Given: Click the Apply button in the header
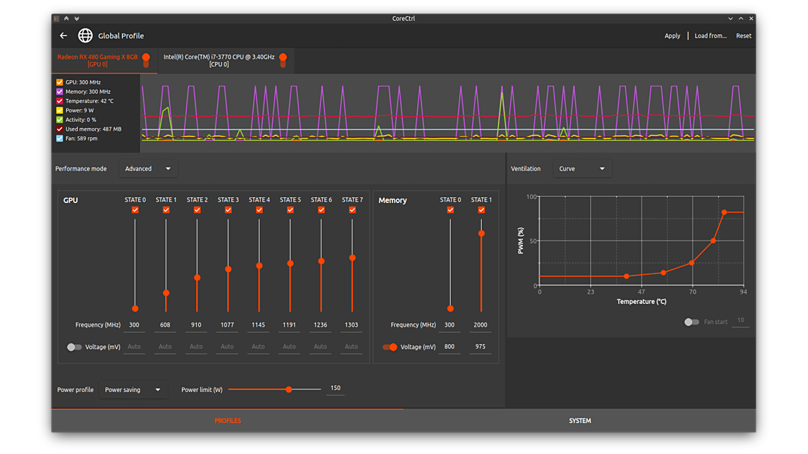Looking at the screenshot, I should point(672,36).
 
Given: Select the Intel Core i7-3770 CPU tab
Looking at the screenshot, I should point(219,60).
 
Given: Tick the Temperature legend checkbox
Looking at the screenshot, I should point(60,101).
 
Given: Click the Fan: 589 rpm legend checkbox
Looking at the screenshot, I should point(60,138).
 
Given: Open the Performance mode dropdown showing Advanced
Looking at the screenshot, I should point(148,169).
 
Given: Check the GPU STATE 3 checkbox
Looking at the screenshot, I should point(228,210).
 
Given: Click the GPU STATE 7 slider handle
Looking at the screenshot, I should point(352,258).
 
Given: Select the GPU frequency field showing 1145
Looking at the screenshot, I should point(258,325).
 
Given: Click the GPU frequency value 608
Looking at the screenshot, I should point(165,325).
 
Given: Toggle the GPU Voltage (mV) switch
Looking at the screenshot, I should point(74,347).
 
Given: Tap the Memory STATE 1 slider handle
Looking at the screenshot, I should point(481,233).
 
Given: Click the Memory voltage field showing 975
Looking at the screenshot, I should point(480,347).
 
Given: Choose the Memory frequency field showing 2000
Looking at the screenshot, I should point(480,325).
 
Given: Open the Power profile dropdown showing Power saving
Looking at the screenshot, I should point(133,390).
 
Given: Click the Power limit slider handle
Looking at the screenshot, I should point(289,389).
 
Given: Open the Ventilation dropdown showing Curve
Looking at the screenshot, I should point(581,169).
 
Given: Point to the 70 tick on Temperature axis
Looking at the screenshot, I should point(692,292).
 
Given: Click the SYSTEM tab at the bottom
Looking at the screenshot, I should point(579,421).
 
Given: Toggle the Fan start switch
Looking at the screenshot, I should point(691,321).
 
